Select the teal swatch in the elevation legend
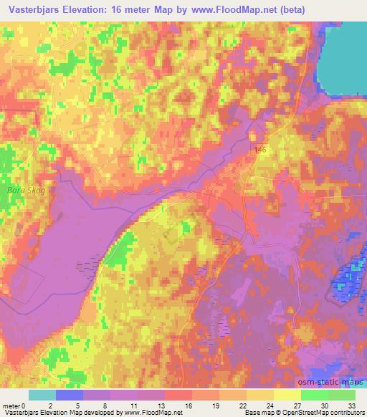tap(42, 395)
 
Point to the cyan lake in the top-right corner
tap(343, 57)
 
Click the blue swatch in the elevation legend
tap(70, 395)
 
